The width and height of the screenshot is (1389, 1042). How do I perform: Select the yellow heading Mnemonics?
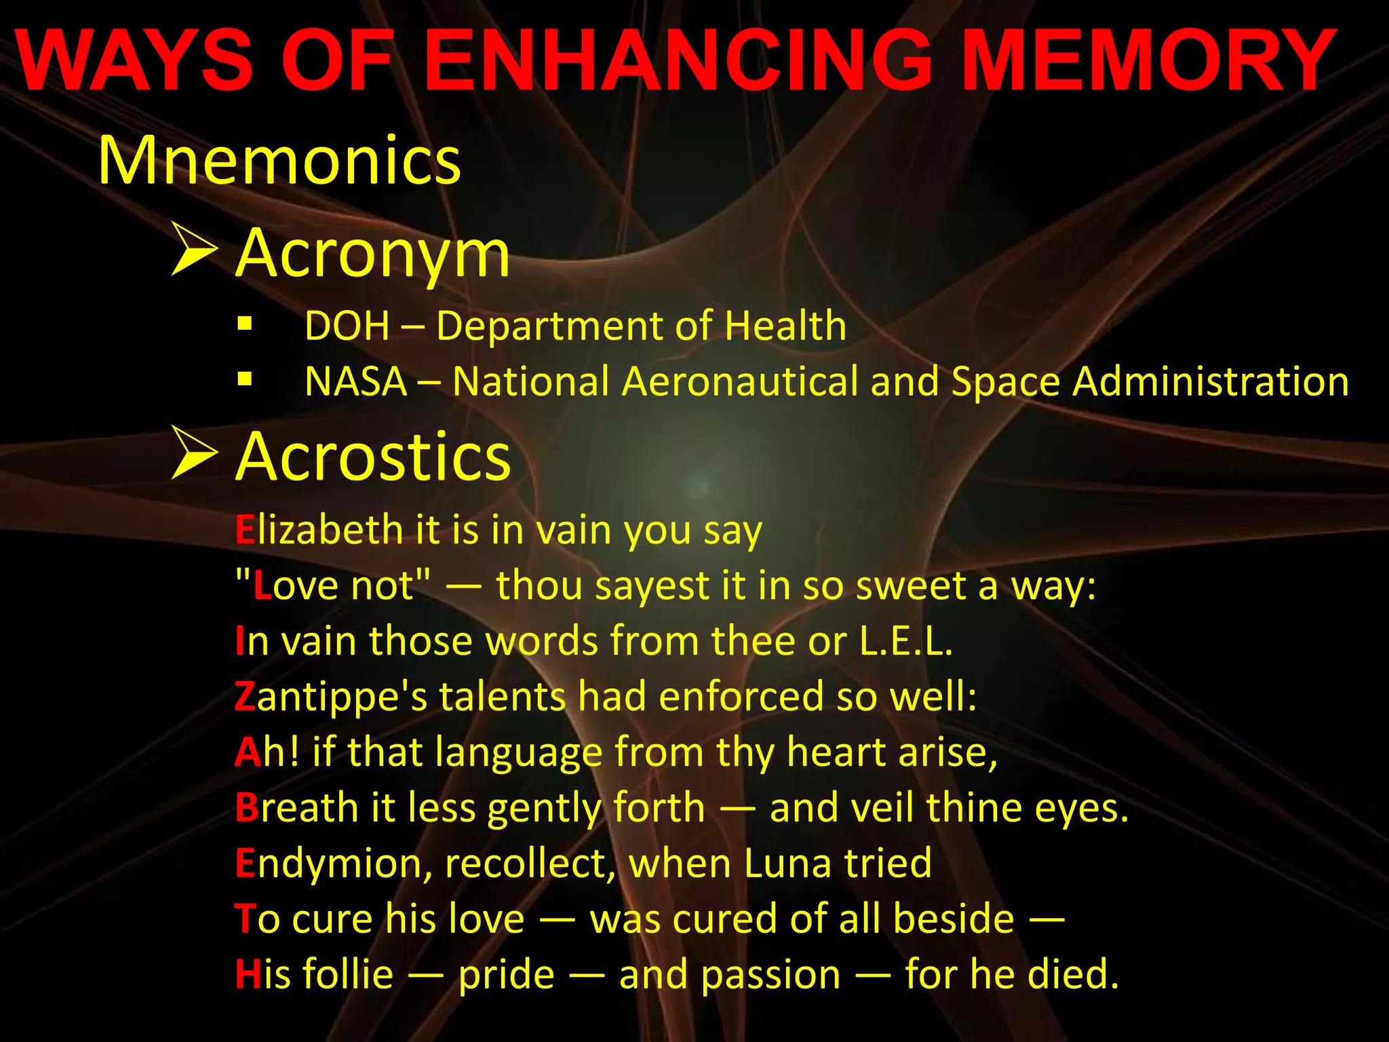(x=279, y=161)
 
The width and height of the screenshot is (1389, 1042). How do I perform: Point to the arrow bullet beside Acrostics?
(x=194, y=452)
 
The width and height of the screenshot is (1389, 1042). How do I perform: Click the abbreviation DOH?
(x=347, y=326)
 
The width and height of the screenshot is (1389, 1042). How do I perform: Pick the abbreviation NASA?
(x=355, y=381)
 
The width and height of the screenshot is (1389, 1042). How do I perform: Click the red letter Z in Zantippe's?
(x=244, y=697)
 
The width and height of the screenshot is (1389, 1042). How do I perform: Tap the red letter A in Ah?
(x=248, y=752)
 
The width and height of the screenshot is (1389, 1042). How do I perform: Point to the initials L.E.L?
(x=905, y=641)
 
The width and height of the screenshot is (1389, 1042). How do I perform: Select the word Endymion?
(x=332, y=864)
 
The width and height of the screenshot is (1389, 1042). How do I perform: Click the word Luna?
(x=787, y=864)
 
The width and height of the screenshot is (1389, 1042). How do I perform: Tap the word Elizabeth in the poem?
(x=319, y=530)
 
